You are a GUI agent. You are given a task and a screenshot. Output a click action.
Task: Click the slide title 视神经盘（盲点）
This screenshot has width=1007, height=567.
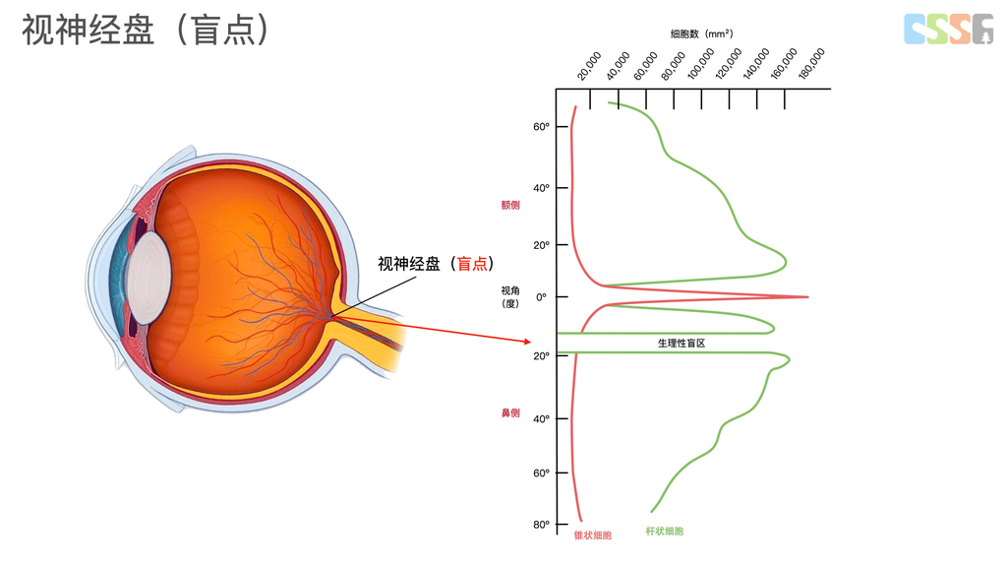[x=146, y=31]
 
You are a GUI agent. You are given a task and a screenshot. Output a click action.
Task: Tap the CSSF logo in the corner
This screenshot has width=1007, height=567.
[x=948, y=29]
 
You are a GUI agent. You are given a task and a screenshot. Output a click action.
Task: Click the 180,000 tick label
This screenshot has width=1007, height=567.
[x=813, y=63]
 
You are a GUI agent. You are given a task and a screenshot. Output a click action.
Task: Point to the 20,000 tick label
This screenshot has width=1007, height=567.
[x=589, y=66]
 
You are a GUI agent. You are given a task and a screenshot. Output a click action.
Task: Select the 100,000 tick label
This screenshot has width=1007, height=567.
[x=701, y=65]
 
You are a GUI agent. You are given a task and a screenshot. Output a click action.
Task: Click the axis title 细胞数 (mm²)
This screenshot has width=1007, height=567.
[x=701, y=33]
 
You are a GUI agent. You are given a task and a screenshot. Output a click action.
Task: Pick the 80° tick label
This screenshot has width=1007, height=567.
[x=541, y=525]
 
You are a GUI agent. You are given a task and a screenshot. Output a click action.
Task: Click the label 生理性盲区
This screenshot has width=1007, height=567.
[x=681, y=344]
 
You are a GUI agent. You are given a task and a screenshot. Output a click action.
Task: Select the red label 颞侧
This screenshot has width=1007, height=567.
[x=509, y=206]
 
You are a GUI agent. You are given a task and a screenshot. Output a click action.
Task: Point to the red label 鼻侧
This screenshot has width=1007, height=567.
[x=509, y=412]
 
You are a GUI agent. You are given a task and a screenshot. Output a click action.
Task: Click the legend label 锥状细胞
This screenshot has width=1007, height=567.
[x=592, y=535]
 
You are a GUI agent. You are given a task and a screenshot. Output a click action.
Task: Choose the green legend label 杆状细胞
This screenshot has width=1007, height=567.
[x=665, y=532]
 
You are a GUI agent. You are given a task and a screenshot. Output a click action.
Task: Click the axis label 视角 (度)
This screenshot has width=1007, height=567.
[x=509, y=296]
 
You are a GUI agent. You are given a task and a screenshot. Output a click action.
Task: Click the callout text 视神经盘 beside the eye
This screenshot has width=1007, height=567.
[x=409, y=264]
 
